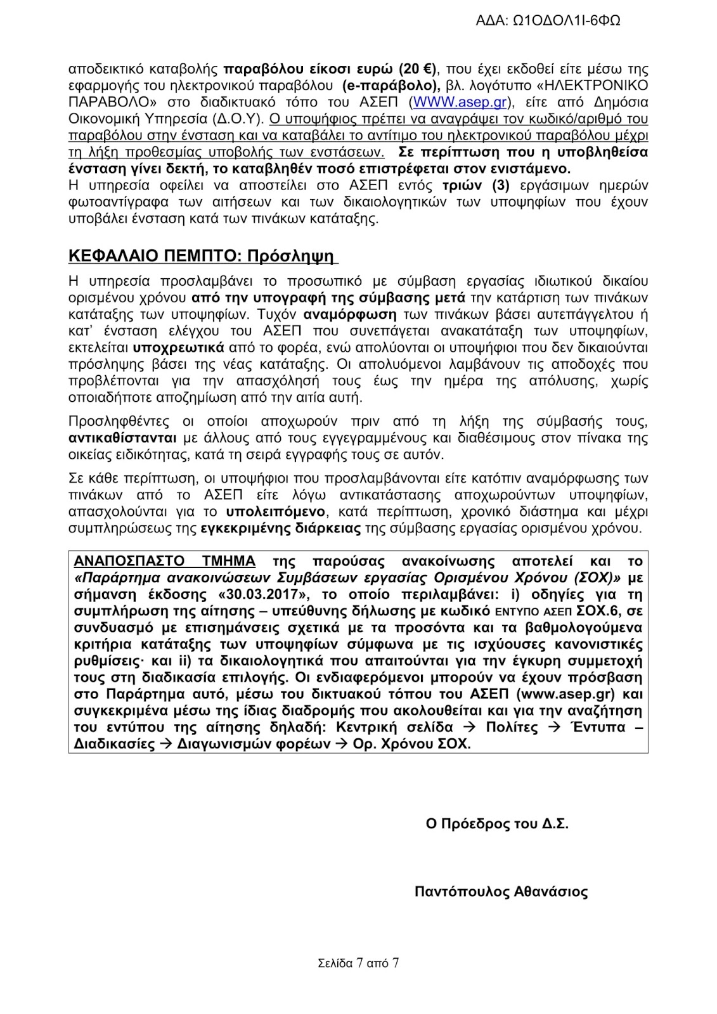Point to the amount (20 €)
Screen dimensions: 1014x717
click(x=419, y=69)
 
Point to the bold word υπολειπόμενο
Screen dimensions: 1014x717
click(x=273, y=511)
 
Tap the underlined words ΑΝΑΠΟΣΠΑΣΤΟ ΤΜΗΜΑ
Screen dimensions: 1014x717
click(x=165, y=562)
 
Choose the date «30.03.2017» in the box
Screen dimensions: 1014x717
click(x=267, y=594)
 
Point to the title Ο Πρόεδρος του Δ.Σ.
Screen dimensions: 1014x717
click(x=497, y=824)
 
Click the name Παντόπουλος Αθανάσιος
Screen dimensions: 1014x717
click(x=501, y=892)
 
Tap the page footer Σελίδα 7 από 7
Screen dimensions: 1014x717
click(x=358, y=963)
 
